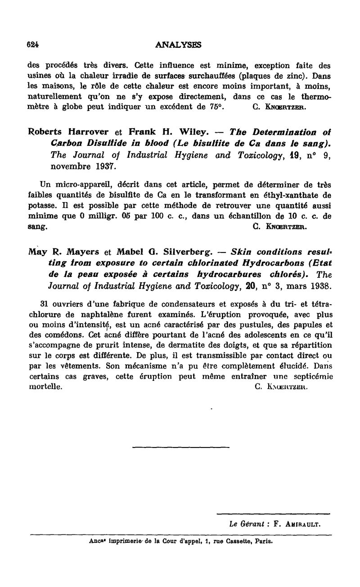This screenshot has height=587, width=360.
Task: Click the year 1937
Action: click(x=105, y=166)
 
